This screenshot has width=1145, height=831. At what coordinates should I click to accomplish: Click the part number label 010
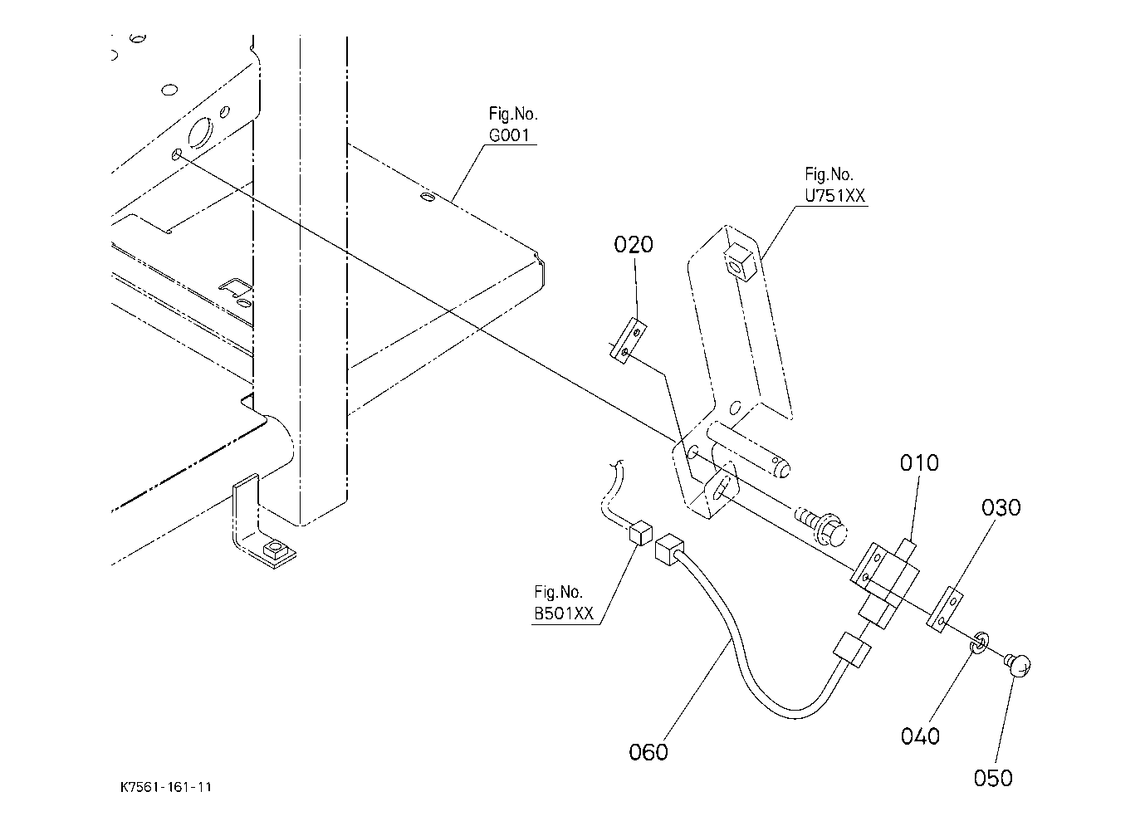tap(919, 463)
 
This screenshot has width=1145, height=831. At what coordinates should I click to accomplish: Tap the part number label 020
tap(634, 245)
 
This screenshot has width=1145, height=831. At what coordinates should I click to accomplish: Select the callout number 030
tap(1001, 507)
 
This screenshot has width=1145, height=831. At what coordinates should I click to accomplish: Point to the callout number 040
tap(920, 736)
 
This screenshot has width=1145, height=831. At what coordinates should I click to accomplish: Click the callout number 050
tap(993, 779)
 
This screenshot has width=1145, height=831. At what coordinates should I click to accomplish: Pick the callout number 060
tap(648, 752)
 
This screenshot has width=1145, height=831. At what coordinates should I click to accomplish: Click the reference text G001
tap(509, 135)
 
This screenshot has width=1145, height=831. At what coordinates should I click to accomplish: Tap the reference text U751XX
tap(834, 196)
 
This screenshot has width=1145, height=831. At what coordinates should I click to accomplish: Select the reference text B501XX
tap(564, 613)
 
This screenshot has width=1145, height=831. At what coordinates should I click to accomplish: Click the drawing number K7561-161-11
tap(165, 786)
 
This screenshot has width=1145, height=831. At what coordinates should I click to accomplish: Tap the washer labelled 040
tap(979, 643)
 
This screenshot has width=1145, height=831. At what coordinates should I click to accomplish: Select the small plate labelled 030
tap(945, 609)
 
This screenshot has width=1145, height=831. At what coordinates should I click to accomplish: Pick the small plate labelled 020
tap(629, 341)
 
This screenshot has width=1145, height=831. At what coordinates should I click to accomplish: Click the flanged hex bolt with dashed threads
tap(822, 527)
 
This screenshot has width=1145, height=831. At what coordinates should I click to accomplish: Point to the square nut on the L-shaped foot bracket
tap(276, 550)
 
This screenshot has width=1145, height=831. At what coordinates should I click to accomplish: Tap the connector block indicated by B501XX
tap(641, 534)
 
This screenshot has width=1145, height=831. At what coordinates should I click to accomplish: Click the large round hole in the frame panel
tap(200, 132)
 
